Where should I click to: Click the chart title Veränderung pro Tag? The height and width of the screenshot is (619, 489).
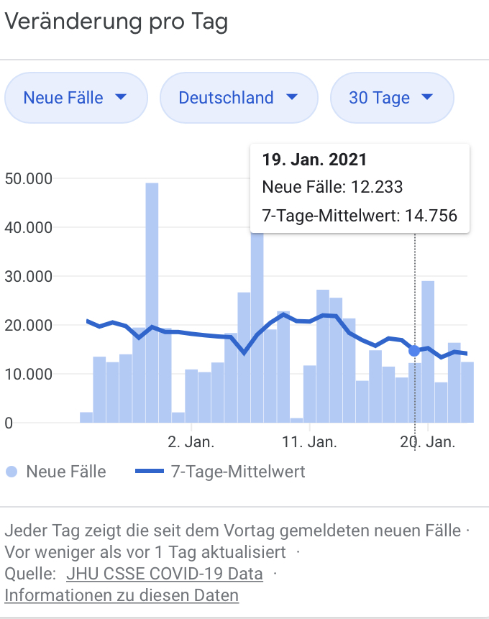(116, 22)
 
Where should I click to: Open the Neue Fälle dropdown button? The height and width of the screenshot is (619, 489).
(76, 98)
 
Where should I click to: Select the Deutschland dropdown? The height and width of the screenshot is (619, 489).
(238, 98)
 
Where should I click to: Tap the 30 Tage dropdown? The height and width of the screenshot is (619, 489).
(391, 98)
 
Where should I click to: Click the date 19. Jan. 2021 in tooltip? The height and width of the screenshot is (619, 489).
(314, 160)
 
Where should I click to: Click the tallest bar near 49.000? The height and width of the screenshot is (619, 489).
(152, 302)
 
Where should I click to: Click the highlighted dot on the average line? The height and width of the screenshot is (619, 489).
(414, 350)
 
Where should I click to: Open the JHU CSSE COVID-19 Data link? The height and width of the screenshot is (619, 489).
(164, 574)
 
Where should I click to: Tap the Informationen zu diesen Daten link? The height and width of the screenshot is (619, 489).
(122, 595)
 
